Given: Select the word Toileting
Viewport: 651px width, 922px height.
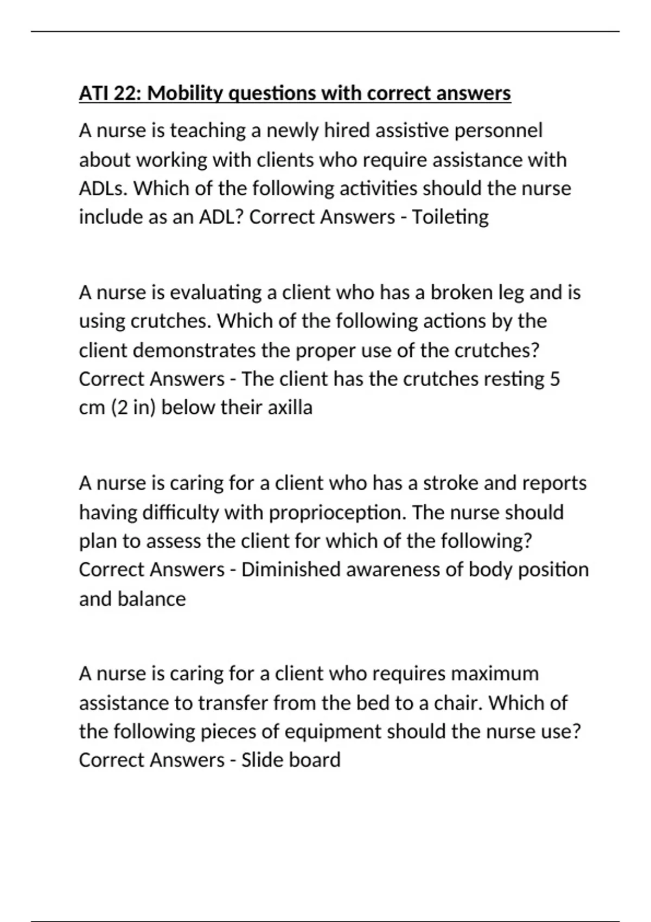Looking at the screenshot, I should (x=450, y=217).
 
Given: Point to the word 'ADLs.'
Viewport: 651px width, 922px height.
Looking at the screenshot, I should (x=104, y=189).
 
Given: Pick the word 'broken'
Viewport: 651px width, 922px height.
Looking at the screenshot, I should (x=461, y=293).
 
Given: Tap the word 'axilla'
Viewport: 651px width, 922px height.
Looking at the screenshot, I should (x=290, y=408).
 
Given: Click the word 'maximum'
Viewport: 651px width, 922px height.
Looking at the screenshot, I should (x=495, y=674).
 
